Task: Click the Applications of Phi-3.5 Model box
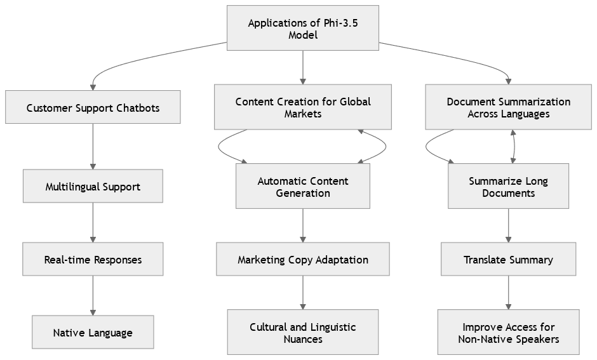coord(303,28)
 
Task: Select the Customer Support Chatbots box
coord(93,107)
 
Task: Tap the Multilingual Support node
coord(93,185)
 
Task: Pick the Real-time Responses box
coord(93,259)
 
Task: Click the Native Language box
coord(93,332)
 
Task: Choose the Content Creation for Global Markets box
coord(303,107)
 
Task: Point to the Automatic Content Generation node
coord(303,185)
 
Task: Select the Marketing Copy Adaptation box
coord(303,259)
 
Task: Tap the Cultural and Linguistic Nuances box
coord(303,332)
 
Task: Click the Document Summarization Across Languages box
coord(508,107)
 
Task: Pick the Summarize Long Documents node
coord(508,185)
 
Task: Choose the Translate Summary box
coord(508,259)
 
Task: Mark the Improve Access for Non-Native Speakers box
coord(508,332)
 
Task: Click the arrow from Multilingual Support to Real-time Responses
coord(93,222)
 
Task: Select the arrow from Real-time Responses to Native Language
coord(93,295)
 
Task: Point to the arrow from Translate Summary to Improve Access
coord(508,292)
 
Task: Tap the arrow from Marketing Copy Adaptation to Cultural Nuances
coord(303,292)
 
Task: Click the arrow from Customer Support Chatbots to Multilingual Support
coord(93,146)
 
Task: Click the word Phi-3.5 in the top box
coord(341,23)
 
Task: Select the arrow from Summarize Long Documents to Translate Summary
coord(508,225)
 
